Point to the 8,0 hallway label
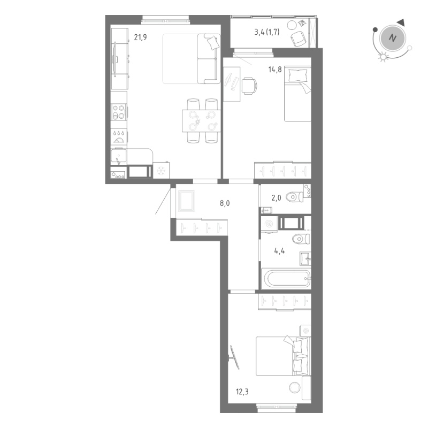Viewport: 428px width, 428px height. pos(226,204)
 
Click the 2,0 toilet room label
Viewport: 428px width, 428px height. pos(276,198)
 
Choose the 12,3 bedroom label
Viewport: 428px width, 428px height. pos(242,392)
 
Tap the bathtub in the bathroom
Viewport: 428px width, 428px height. pos(286,278)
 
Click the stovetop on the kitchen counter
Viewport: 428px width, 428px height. pos(119,112)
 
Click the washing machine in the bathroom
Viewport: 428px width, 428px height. pos(269,224)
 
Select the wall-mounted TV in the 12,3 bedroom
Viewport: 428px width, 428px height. pos(234,356)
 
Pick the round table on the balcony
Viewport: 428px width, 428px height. pos(292,25)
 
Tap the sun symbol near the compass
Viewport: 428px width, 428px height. pos(382,57)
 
